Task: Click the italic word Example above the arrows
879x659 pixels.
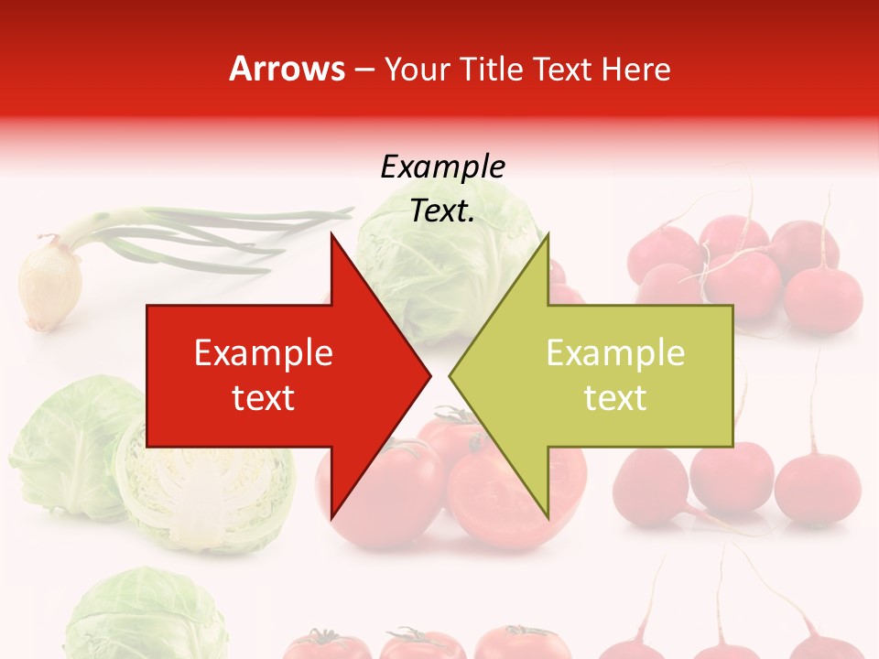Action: [x=442, y=167]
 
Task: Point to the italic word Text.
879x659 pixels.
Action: [x=442, y=211]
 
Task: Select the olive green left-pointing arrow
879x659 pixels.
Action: [x=604, y=375]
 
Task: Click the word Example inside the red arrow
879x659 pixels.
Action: [x=264, y=353]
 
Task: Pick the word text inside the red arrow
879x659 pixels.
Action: [x=264, y=398]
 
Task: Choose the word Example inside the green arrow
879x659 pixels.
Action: [x=615, y=353]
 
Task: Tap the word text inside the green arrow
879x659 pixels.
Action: [x=615, y=398]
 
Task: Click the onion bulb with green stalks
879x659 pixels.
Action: [x=50, y=284]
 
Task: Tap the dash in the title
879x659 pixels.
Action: [x=364, y=70]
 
